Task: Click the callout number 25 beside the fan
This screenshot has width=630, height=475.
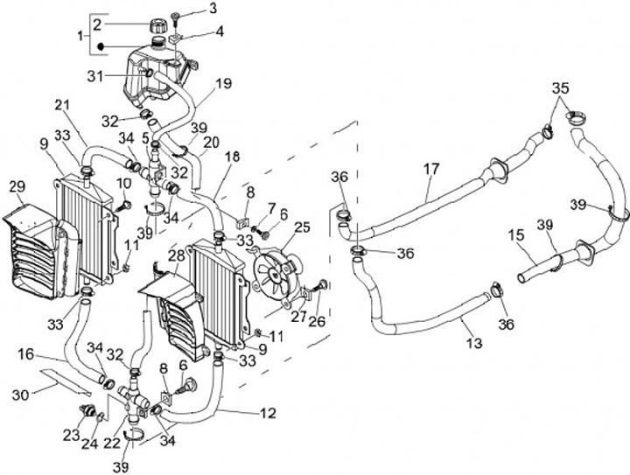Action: [303, 229]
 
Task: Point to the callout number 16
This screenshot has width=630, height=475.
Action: [24, 354]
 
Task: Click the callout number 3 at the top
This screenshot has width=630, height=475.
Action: [213, 9]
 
